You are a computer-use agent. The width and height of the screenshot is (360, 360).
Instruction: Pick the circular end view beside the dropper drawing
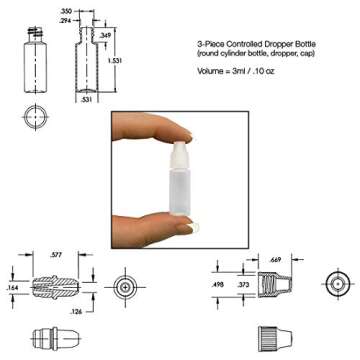(125, 287)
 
